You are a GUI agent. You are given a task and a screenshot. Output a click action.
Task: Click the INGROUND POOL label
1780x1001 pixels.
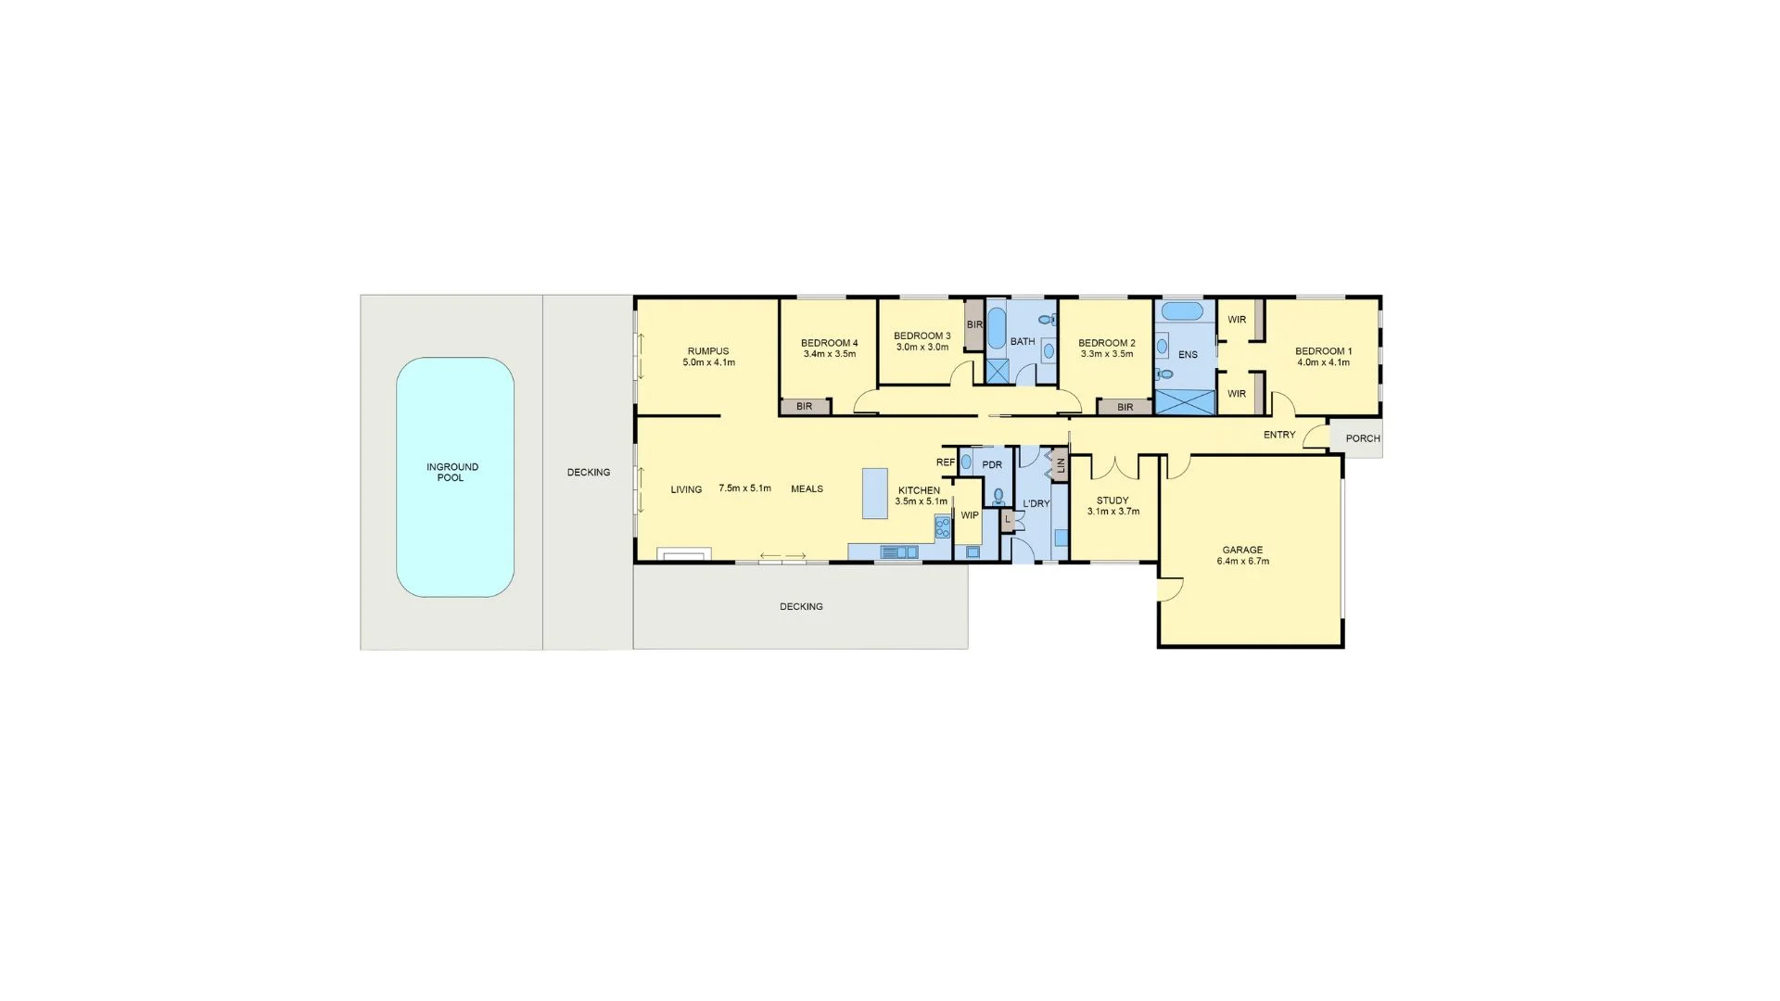[452, 473]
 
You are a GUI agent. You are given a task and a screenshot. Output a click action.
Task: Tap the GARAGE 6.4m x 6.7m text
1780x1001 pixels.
[1242, 555]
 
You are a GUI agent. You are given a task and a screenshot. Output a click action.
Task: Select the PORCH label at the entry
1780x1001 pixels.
[1362, 438]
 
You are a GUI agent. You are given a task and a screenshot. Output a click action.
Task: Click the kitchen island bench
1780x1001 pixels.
[874, 493]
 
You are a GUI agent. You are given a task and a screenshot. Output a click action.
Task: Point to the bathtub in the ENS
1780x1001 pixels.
[1182, 310]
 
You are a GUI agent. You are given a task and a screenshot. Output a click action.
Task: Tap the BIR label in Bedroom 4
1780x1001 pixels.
[804, 407]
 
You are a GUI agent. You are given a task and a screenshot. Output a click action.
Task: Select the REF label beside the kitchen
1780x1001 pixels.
[945, 462]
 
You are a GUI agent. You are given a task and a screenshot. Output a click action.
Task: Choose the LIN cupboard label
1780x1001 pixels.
[1060, 466]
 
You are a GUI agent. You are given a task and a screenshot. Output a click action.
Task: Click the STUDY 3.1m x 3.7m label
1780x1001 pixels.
[1112, 506]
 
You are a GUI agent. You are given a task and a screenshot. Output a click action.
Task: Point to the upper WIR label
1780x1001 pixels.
[1237, 320]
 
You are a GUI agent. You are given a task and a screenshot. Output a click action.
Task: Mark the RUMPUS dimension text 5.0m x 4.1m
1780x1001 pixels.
[708, 362]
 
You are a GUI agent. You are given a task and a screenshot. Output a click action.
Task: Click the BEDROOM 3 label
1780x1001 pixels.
[922, 336]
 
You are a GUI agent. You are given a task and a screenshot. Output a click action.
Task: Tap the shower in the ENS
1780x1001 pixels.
[1185, 402]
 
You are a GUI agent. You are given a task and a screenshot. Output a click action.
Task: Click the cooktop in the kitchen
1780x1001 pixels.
[943, 528]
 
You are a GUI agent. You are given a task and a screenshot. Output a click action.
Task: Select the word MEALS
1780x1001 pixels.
[807, 489]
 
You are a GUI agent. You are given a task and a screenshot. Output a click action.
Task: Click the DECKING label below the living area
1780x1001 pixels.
[801, 607]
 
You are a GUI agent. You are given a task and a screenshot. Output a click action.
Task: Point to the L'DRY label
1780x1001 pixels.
[1036, 504]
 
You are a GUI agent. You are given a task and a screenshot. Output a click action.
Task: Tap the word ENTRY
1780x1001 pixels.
[1278, 435]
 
